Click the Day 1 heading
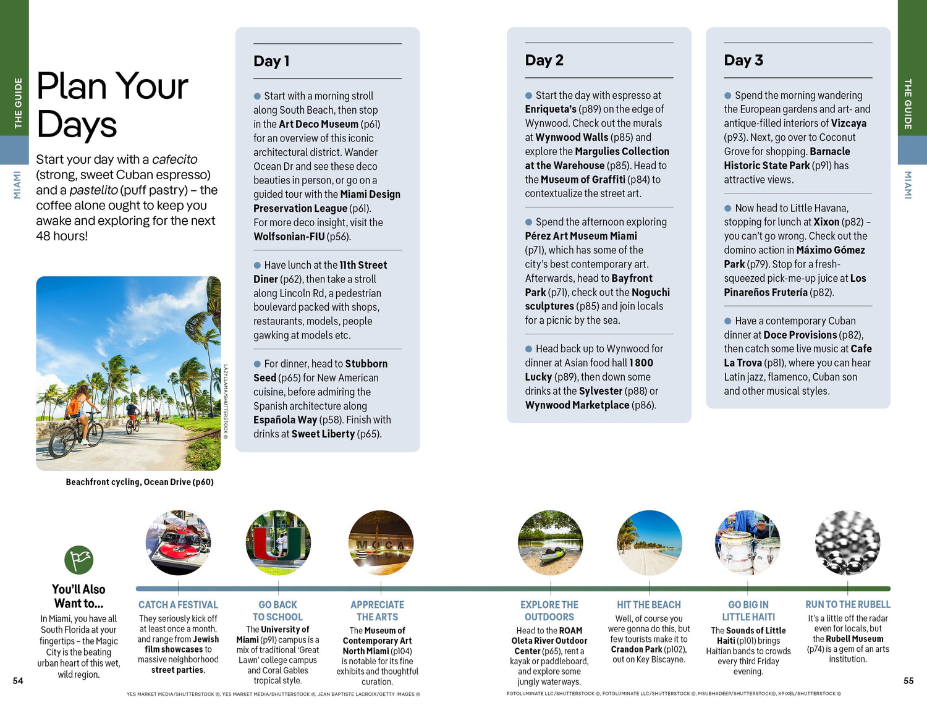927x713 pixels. tap(271, 61)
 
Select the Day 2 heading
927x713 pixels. tap(544, 61)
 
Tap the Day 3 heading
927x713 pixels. tap(743, 61)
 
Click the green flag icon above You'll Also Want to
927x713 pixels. tap(79, 560)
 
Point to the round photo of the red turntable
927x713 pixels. tap(178, 542)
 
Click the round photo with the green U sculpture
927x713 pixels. tap(278, 542)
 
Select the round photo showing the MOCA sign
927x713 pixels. tap(381, 542)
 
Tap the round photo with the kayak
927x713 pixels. tap(550, 542)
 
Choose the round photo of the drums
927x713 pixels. tap(748, 542)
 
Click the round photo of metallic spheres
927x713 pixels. tap(847, 542)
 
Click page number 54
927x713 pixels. tap(18, 681)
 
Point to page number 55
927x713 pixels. tap(908, 681)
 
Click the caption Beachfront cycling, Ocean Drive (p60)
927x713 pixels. tap(140, 482)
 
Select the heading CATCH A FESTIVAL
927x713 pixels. tap(178, 605)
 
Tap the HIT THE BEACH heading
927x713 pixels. tap(649, 605)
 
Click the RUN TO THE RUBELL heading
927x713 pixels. tap(848, 604)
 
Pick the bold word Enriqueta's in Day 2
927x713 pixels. tap(551, 109)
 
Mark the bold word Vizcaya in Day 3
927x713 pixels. tap(849, 124)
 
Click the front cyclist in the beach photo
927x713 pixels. tap(77, 420)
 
